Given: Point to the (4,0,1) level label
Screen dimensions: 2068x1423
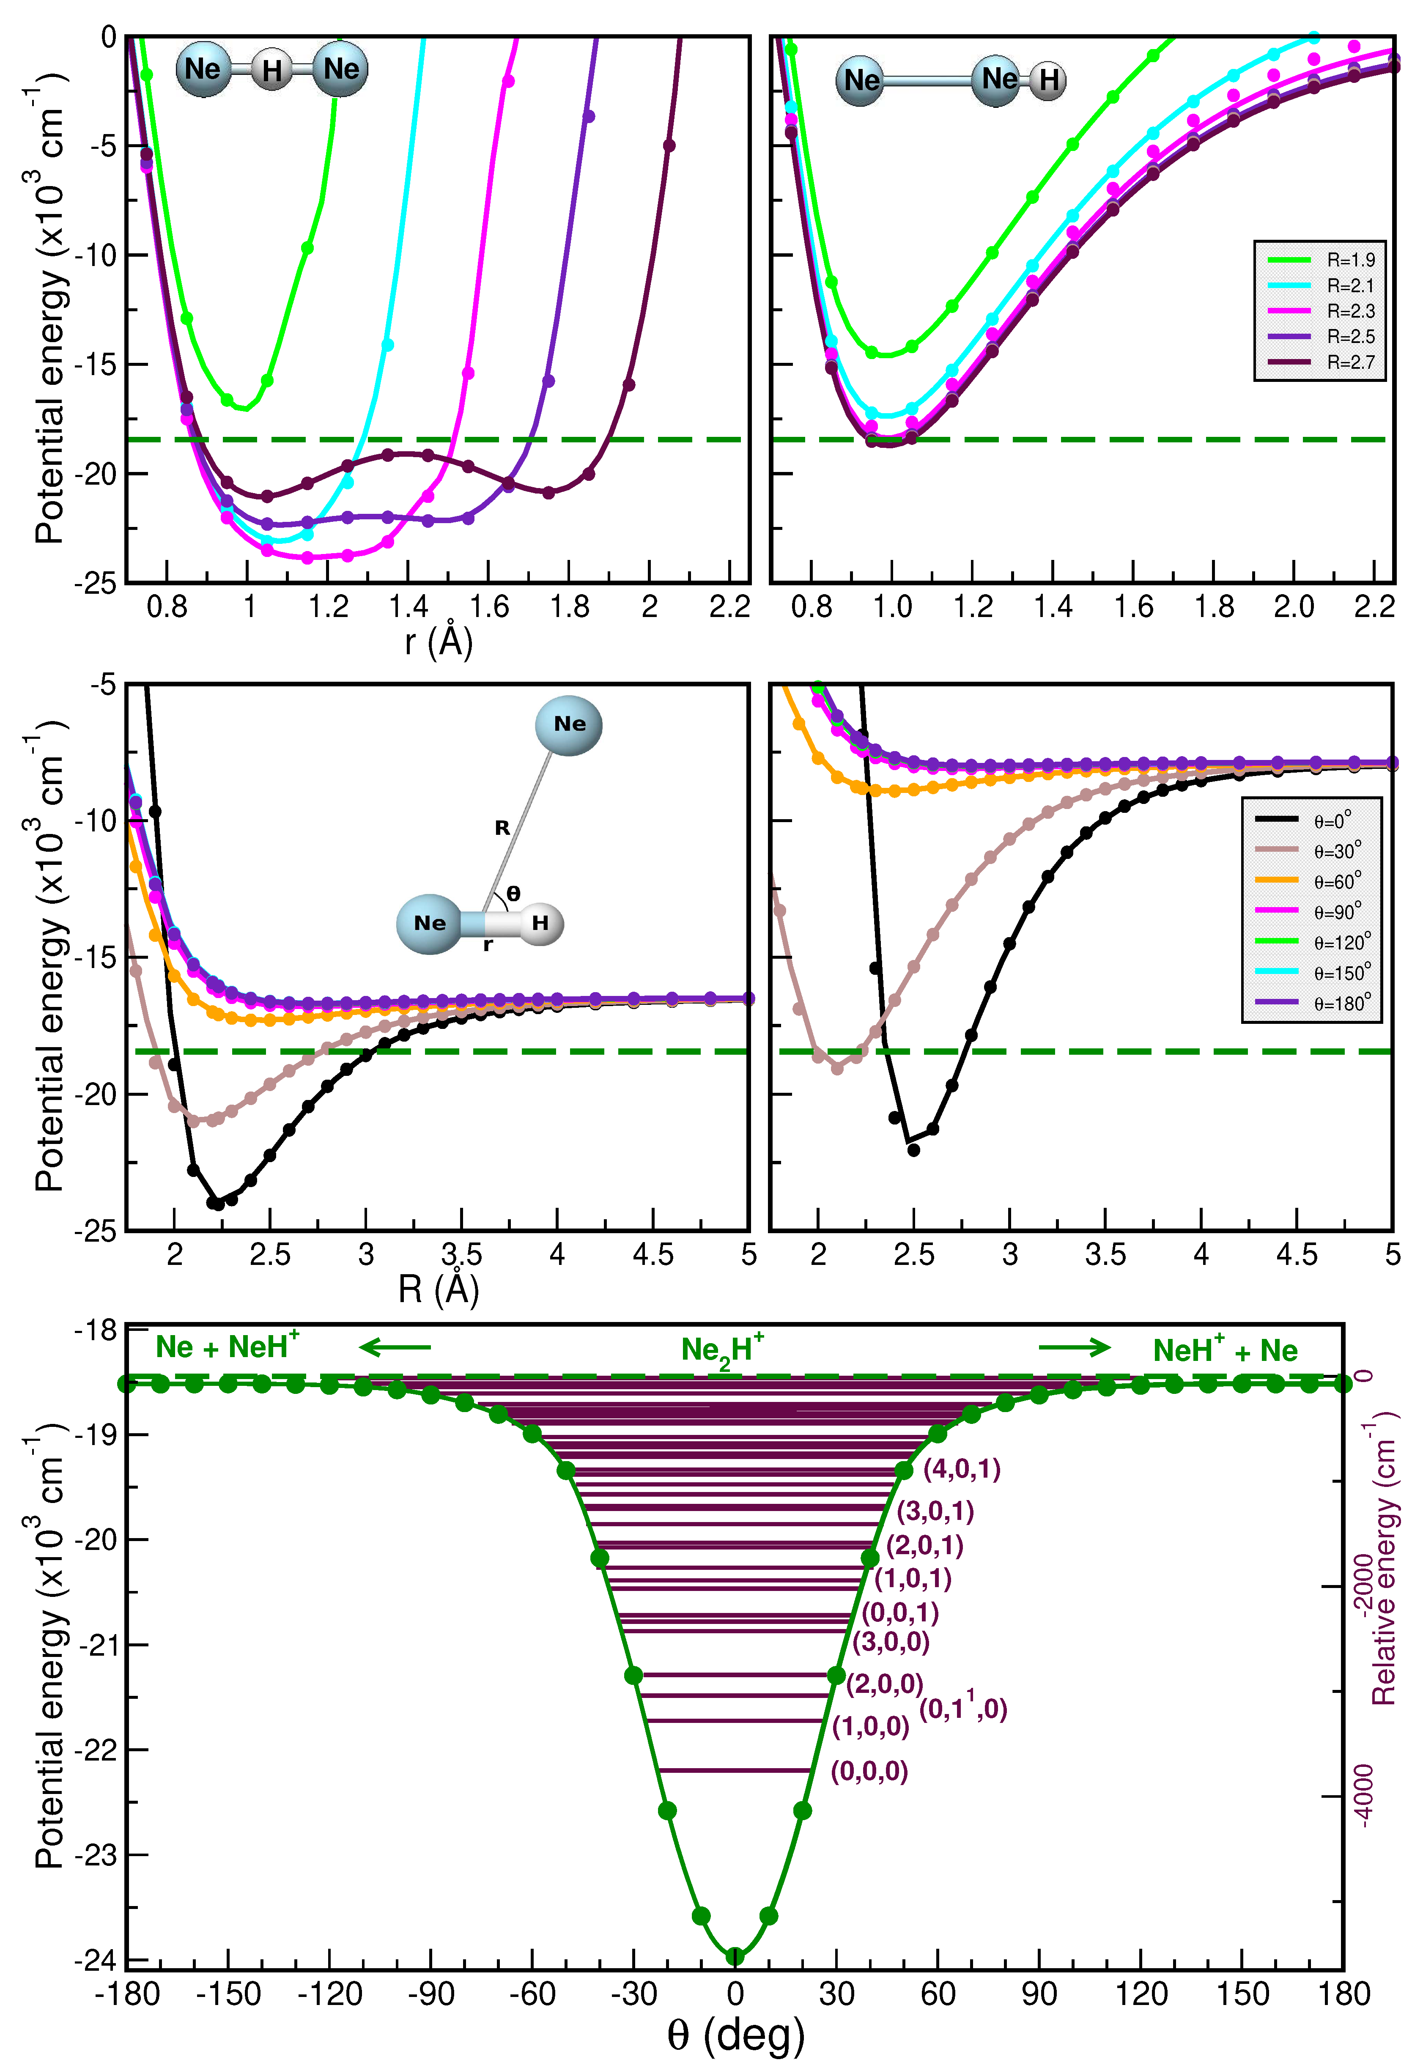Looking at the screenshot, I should pos(961,1469).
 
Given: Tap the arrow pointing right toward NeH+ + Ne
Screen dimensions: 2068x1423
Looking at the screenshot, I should pos(1075,1348).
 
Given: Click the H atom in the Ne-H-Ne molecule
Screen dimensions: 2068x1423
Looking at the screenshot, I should pos(272,69).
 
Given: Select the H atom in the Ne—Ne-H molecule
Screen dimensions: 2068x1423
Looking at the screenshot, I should pos(1048,80).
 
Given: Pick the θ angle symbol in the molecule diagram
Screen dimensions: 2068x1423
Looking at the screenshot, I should pos(513,893).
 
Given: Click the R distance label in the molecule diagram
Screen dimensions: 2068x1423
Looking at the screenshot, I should pos(502,828).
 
